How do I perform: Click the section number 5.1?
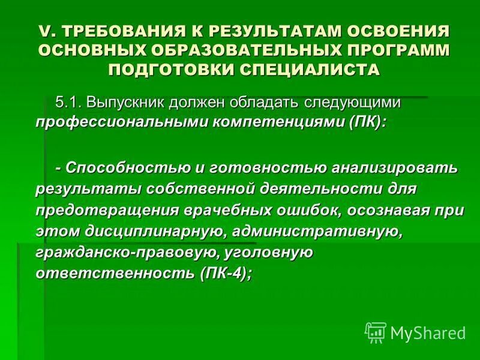pos(68,102)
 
